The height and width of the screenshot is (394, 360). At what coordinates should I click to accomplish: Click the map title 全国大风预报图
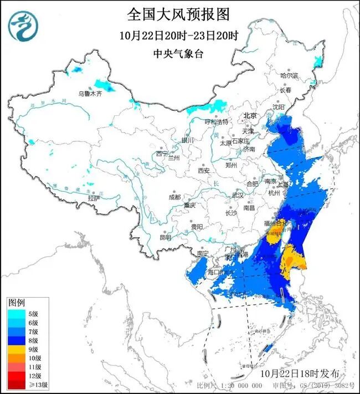178,13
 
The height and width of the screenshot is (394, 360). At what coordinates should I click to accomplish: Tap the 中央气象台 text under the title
178,54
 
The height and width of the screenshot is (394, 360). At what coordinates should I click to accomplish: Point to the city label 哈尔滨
289,75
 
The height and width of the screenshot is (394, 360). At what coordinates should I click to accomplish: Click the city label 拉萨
94,198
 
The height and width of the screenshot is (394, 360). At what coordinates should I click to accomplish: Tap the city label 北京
251,116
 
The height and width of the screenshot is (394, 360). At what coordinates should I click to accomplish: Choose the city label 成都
174,197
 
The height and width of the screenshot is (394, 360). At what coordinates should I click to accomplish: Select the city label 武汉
238,195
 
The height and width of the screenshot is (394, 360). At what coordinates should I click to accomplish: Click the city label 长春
285,90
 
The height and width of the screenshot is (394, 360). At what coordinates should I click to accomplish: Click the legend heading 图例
16,303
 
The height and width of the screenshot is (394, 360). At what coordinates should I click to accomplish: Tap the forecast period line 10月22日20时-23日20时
178,36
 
